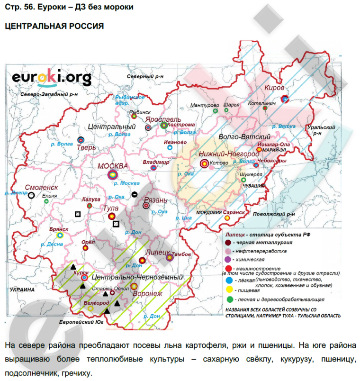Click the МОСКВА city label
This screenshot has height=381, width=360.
coord(112,166)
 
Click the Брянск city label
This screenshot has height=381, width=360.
coord(59,228)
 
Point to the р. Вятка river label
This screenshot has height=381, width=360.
coord(284,127)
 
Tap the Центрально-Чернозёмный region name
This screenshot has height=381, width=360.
coord(137,276)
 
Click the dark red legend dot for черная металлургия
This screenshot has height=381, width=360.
coord(228,242)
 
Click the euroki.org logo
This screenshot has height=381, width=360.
coord(45,77)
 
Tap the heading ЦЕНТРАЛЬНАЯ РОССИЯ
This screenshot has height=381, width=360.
coord(54,27)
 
